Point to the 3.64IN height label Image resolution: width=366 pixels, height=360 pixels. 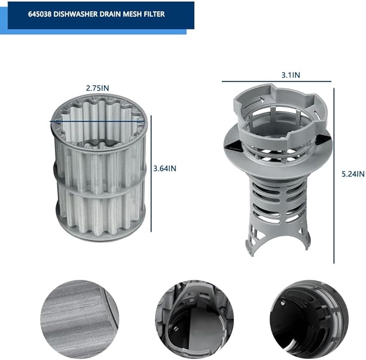164,169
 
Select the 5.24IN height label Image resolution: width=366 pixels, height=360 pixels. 353,174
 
